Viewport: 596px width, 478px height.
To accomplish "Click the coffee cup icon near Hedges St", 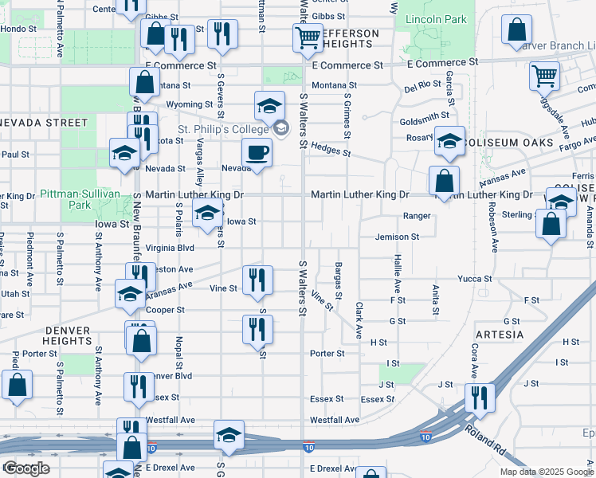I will (257, 151).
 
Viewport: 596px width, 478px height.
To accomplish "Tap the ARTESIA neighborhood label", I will (499, 335).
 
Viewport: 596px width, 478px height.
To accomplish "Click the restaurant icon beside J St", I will (479, 397).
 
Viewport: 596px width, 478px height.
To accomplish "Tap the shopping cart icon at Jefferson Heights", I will (307, 36).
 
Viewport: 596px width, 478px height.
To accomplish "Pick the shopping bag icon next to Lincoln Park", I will (516, 29).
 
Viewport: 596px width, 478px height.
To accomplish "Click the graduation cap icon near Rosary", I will (449, 140).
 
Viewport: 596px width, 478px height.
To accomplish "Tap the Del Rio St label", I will (422, 84).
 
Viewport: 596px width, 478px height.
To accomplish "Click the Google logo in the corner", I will (26, 468).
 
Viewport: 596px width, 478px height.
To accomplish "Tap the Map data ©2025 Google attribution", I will (547, 471).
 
